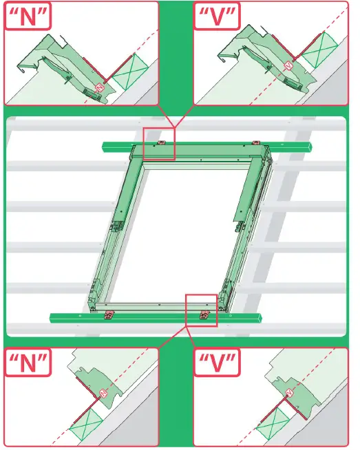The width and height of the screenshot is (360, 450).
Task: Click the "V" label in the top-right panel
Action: coord(215,17)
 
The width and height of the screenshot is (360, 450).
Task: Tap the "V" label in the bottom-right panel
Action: coord(215,364)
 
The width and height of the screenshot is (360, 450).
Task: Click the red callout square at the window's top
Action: coord(159,143)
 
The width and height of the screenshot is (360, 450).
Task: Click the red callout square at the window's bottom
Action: coord(202,308)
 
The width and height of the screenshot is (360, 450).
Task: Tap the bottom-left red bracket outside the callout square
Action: coord(107,317)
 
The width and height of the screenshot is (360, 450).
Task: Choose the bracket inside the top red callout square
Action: coord(162,143)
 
